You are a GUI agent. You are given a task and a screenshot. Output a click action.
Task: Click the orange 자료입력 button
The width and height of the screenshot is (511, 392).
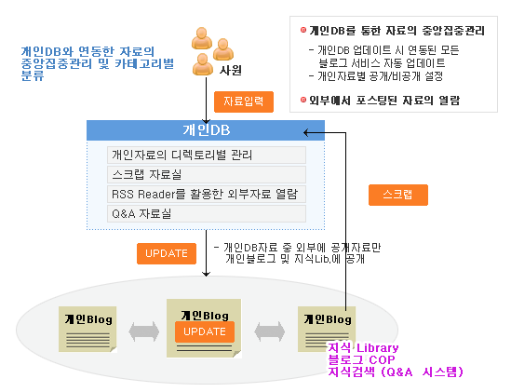(x=244, y=101)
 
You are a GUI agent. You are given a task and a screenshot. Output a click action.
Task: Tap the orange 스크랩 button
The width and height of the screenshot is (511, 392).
(x=398, y=195)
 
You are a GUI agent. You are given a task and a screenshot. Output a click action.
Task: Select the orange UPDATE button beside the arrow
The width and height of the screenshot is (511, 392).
(x=167, y=253)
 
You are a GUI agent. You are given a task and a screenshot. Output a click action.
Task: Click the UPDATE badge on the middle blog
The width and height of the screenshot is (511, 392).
(x=205, y=331)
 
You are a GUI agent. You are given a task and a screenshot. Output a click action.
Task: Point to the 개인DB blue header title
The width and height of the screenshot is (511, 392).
(x=207, y=130)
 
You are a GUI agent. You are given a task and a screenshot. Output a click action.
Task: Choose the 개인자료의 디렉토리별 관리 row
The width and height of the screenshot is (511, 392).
(x=207, y=155)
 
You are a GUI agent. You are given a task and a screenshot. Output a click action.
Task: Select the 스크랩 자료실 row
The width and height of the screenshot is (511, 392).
(x=207, y=174)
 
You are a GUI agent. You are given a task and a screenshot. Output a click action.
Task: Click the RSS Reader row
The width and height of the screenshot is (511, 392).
(x=207, y=194)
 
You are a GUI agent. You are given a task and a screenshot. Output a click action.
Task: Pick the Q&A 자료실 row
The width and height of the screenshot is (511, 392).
(x=207, y=213)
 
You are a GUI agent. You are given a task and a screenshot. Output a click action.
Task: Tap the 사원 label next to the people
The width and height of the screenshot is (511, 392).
(x=231, y=71)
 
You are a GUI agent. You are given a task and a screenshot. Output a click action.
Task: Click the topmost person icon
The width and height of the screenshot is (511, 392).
(x=202, y=38)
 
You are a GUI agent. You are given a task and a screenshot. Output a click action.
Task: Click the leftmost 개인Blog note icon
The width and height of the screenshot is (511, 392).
(x=87, y=329)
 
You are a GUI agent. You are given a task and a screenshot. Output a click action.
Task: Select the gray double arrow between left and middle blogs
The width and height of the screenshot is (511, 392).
(x=143, y=331)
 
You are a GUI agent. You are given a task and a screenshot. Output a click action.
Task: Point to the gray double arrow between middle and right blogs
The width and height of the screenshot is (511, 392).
(x=270, y=331)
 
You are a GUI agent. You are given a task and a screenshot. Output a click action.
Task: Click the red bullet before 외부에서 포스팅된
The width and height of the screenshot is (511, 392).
(x=303, y=100)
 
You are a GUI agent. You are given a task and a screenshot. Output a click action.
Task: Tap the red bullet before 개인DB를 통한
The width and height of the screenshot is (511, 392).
(x=303, y=30)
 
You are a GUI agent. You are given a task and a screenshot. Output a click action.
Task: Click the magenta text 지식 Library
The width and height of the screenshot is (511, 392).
(x=363, y=347)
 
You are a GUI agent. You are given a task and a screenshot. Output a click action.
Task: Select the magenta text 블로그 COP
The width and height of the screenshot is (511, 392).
(x=361, y=359)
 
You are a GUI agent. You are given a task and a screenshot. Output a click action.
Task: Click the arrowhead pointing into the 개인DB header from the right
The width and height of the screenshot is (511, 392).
(x=305, y=132)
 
